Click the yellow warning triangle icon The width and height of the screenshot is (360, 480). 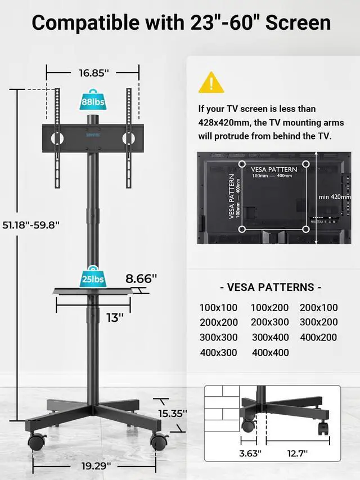tap(211, 83)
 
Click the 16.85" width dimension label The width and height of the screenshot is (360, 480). tap(93, 73)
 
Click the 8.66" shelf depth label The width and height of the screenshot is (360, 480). tap(141, 278)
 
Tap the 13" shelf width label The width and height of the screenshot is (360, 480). tap(114, 317)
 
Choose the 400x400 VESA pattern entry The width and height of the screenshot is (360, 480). tap(271, 353)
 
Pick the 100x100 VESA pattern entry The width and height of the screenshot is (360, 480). tap(218, 308)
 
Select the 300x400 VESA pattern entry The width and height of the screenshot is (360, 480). tap(271, 338)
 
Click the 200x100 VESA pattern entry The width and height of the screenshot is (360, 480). tap(319, 308)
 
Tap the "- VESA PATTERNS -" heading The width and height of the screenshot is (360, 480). tap(271, 287)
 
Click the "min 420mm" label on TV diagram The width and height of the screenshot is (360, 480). tap(335, 197)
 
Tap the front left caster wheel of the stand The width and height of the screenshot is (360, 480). tap(37, 441)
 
